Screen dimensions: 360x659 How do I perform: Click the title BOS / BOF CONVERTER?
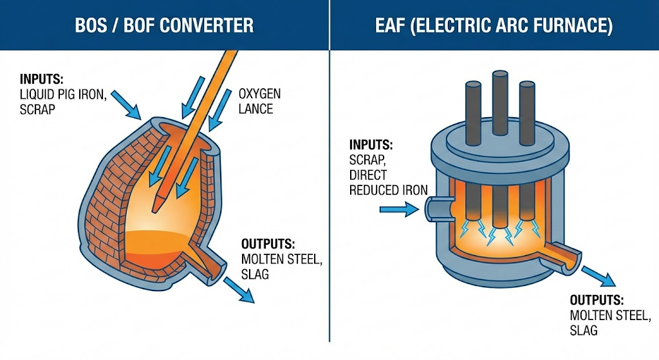(x=164, y=25)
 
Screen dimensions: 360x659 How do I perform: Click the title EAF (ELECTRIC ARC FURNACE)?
(x=494, y=25)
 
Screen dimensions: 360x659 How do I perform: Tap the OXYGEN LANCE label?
(x=259, y=101)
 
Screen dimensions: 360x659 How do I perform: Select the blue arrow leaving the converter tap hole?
(x=239, y=292)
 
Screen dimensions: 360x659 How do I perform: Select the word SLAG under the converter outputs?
(x=256, y=274)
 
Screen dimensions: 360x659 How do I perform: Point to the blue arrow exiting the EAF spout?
(x=598, y=277)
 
